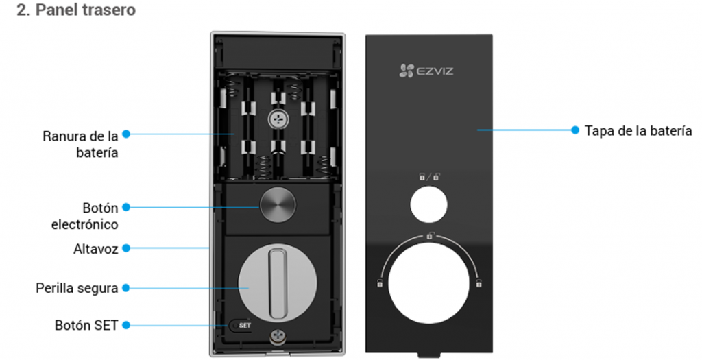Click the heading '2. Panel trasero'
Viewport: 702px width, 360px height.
click(x=76, y=10)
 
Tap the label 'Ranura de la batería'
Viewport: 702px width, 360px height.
click(x=81, y=144)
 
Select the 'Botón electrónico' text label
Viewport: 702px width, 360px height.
click(x=84, y=216)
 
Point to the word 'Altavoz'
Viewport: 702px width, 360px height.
click(x=96, y=248)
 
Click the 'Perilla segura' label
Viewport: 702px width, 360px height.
click(x=77, y=287)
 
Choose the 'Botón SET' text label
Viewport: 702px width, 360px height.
click(x=86, y=325)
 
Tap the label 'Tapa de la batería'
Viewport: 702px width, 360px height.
click(x=638, y=130)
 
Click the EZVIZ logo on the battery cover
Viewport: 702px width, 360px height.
click(x=426, y=71)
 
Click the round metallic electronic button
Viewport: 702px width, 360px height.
click(x=278, y=204)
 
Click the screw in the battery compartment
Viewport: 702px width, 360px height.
click(x=278, y=119)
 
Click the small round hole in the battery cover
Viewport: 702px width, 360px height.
click(x=428, y=204)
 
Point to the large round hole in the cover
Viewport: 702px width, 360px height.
click(x=428, y=283)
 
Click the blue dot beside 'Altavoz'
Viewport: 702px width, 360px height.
click(x=126, y=248)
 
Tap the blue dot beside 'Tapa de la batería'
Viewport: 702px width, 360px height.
click(x=575, y=130)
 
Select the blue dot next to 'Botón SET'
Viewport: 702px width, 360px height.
click(x=126, y=325)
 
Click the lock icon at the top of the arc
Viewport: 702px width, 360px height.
click(x=430, y=235)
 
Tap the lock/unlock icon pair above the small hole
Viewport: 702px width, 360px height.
click(x=429, y=177)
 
